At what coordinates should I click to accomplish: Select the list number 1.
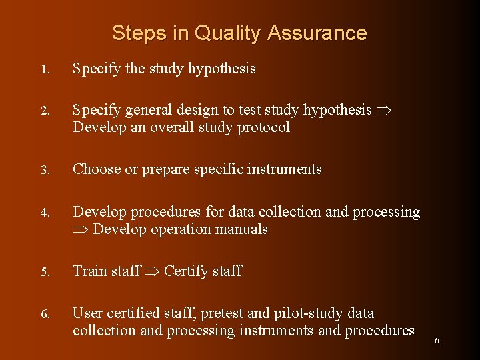pos(43,69)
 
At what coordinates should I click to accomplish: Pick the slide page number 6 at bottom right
pos(437,340)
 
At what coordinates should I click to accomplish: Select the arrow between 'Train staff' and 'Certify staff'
pos(152,271)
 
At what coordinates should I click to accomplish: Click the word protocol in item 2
pos(265,127)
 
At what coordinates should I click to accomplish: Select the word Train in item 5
pos(89,271)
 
